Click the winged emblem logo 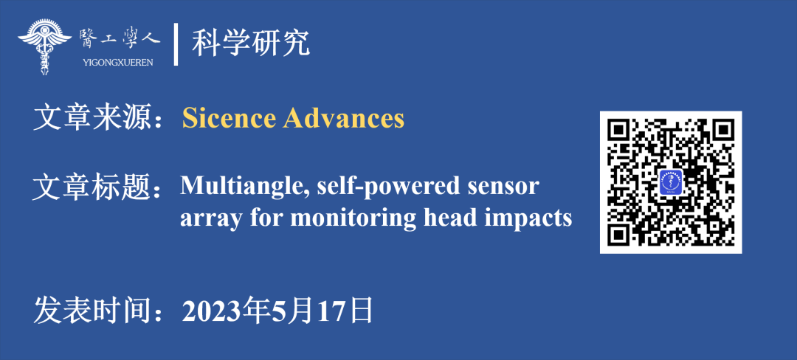point(44,46)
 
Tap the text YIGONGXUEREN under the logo point(119,63)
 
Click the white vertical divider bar point(176,44)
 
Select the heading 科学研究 point(251,44)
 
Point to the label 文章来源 point(92,118)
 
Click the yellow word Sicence point(230,118)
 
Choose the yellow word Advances point(344,118)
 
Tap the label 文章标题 point(92,187)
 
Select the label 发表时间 point(92,310)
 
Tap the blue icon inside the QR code point(671,182)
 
